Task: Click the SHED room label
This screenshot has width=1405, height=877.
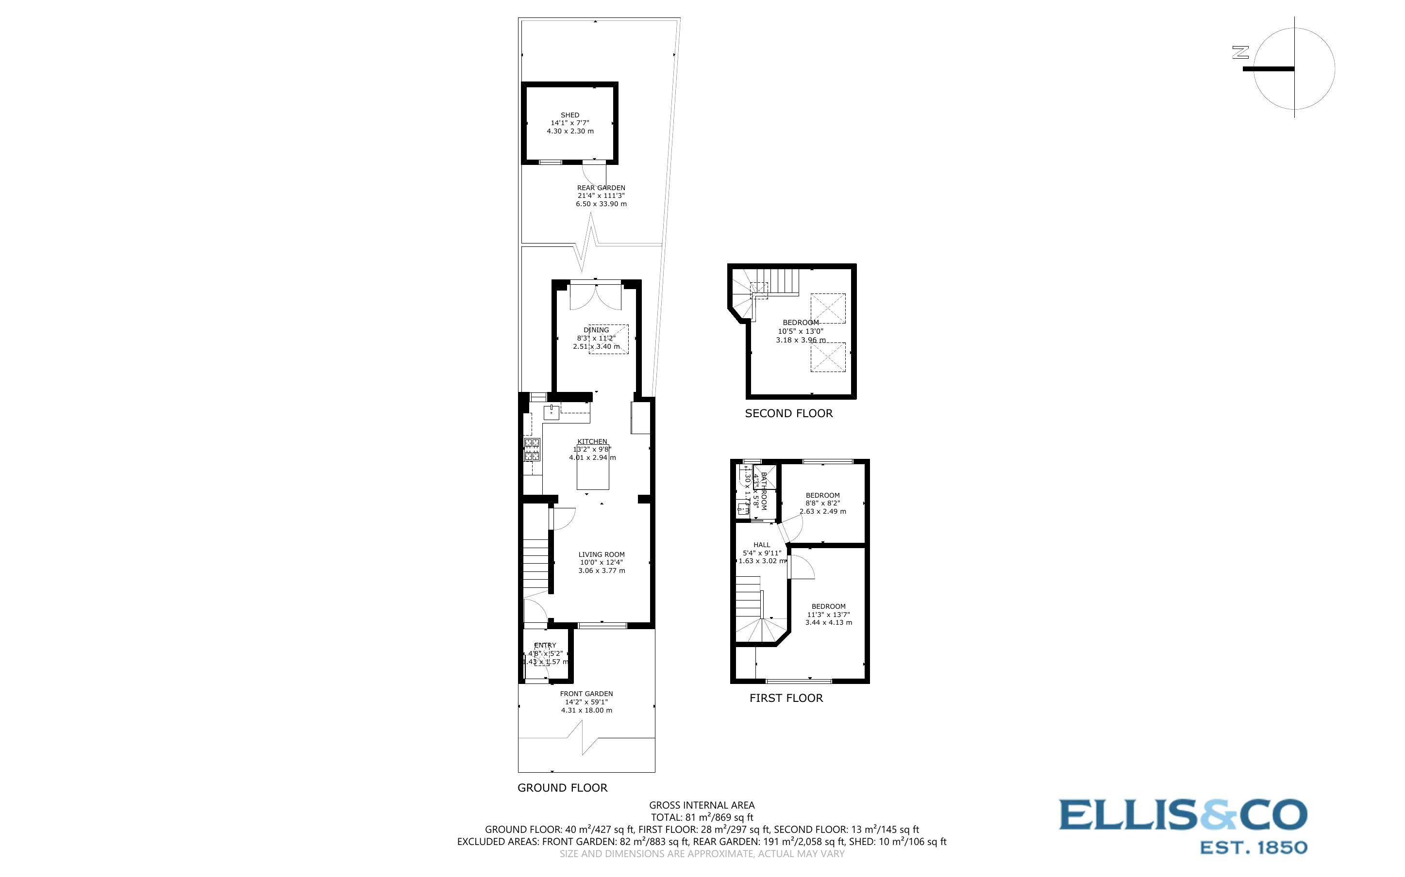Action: pos(569,115)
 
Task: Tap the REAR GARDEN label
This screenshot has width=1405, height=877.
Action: pos(601,188)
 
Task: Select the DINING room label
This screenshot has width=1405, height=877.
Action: pos(596,330)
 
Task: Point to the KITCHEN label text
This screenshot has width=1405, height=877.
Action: pos(592,441)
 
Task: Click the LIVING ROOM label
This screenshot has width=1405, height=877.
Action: pos(601,554)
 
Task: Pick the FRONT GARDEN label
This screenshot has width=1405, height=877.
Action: pos(586,694)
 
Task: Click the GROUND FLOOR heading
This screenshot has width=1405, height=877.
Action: pos(562,788)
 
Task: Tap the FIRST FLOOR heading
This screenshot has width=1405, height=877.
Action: pos(786,698)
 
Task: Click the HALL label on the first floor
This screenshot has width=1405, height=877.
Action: pos(761,545)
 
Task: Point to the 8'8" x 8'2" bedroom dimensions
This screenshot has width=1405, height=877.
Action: pos(822,503)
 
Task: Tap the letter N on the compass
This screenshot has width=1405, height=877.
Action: pos(1240,52)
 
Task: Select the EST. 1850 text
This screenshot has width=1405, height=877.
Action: pos(1253,848)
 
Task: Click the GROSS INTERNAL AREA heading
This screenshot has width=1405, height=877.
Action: pos(702,805)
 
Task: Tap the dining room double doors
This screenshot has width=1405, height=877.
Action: pos(596,296)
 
